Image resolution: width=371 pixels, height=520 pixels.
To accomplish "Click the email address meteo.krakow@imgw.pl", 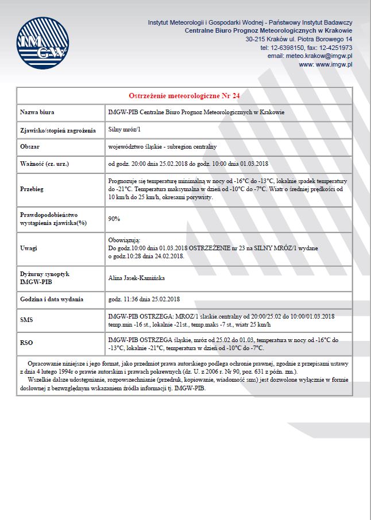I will (x=310, y=56).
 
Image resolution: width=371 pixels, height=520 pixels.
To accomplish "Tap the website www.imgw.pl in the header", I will (x=333, y=65).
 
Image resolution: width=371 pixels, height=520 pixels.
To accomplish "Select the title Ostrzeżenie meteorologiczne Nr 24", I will (x=184, y=95).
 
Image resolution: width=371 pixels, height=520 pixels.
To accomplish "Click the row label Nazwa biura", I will (x=37, y=112).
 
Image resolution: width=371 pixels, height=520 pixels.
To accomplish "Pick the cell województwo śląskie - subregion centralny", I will (x=163, y=147).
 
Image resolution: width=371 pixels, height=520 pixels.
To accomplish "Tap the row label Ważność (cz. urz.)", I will (x=45, y=164).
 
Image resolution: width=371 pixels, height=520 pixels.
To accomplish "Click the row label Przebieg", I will (x=32, y=188).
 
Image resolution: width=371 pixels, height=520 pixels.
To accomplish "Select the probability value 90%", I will (x=114, y=219).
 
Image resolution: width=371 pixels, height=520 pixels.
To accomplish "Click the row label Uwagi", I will (x=29, y=248).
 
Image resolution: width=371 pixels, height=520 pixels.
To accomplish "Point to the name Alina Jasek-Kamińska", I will (x=136, y=278).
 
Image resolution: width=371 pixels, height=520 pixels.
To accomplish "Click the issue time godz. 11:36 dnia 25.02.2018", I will (x=144, y=299).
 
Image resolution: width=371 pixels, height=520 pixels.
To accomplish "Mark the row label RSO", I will (x=26, y=343).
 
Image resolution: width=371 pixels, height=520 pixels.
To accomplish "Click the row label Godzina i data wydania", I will (x=52, y=299).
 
